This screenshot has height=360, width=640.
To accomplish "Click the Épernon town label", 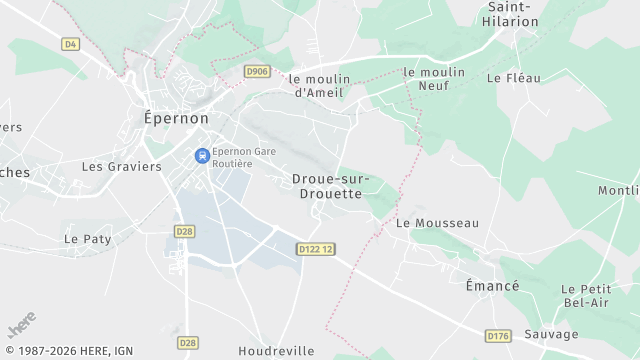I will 171,118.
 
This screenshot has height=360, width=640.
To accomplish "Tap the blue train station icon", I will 202,156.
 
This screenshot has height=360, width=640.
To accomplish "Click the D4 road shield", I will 70,44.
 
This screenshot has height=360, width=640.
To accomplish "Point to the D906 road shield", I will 257,71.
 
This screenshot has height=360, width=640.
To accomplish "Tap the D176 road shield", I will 497,336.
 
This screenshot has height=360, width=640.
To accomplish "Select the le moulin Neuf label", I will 435,79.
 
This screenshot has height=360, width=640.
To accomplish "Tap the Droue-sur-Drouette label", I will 331,186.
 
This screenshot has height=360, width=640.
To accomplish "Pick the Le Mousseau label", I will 438,223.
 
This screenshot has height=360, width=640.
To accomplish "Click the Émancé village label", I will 492,286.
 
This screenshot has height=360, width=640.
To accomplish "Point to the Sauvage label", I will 550,334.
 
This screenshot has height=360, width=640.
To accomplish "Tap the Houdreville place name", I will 276,351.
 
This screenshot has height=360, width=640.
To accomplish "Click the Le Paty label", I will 87,239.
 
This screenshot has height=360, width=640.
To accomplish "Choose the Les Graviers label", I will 121,167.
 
